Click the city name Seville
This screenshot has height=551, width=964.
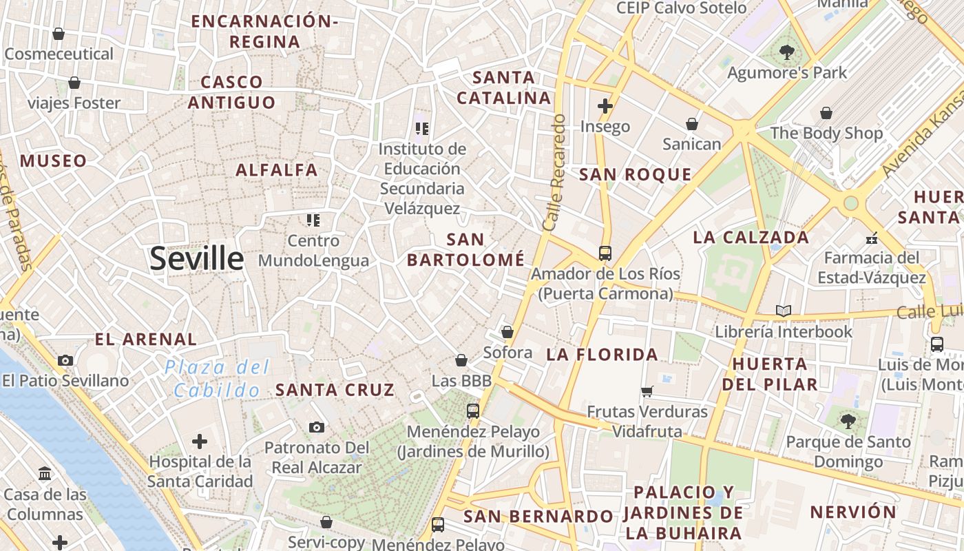196,259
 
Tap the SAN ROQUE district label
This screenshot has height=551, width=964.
635,175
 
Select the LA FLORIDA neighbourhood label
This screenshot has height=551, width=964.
602,355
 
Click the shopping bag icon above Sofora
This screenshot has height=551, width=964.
507,332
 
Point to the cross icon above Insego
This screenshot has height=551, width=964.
605,106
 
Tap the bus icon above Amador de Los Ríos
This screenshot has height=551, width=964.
605,253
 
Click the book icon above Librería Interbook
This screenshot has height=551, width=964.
783,311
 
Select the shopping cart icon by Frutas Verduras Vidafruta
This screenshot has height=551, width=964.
647,391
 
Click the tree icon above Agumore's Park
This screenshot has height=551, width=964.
786,52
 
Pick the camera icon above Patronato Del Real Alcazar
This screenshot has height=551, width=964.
316,428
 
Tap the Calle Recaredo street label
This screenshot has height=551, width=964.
554,172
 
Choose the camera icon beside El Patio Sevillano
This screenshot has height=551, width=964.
65,360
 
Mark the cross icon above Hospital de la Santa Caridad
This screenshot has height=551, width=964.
200,441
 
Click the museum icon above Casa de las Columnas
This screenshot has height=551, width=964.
45,474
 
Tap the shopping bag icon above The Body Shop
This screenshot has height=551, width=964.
826,113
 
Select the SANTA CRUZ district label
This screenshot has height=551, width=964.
335,390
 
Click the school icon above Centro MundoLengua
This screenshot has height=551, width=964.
313,220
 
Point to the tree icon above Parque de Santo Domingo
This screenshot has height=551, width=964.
848,421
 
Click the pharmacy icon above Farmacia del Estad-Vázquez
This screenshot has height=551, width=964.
872,238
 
